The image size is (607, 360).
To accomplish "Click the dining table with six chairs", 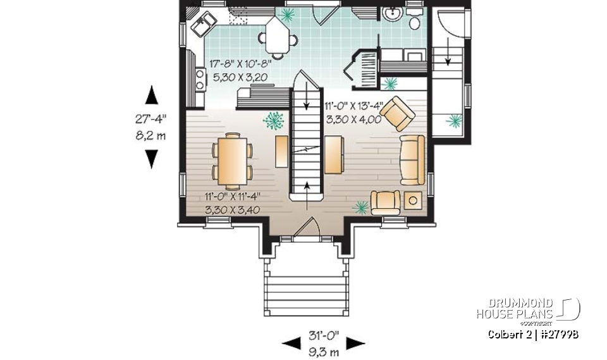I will point(232,161).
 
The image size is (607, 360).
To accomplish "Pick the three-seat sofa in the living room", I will point(412,160).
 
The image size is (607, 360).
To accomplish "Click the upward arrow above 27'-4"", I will point(151,95).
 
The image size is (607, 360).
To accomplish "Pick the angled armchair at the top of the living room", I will point(397,113).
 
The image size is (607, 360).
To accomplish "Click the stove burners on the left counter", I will point(200,79).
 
